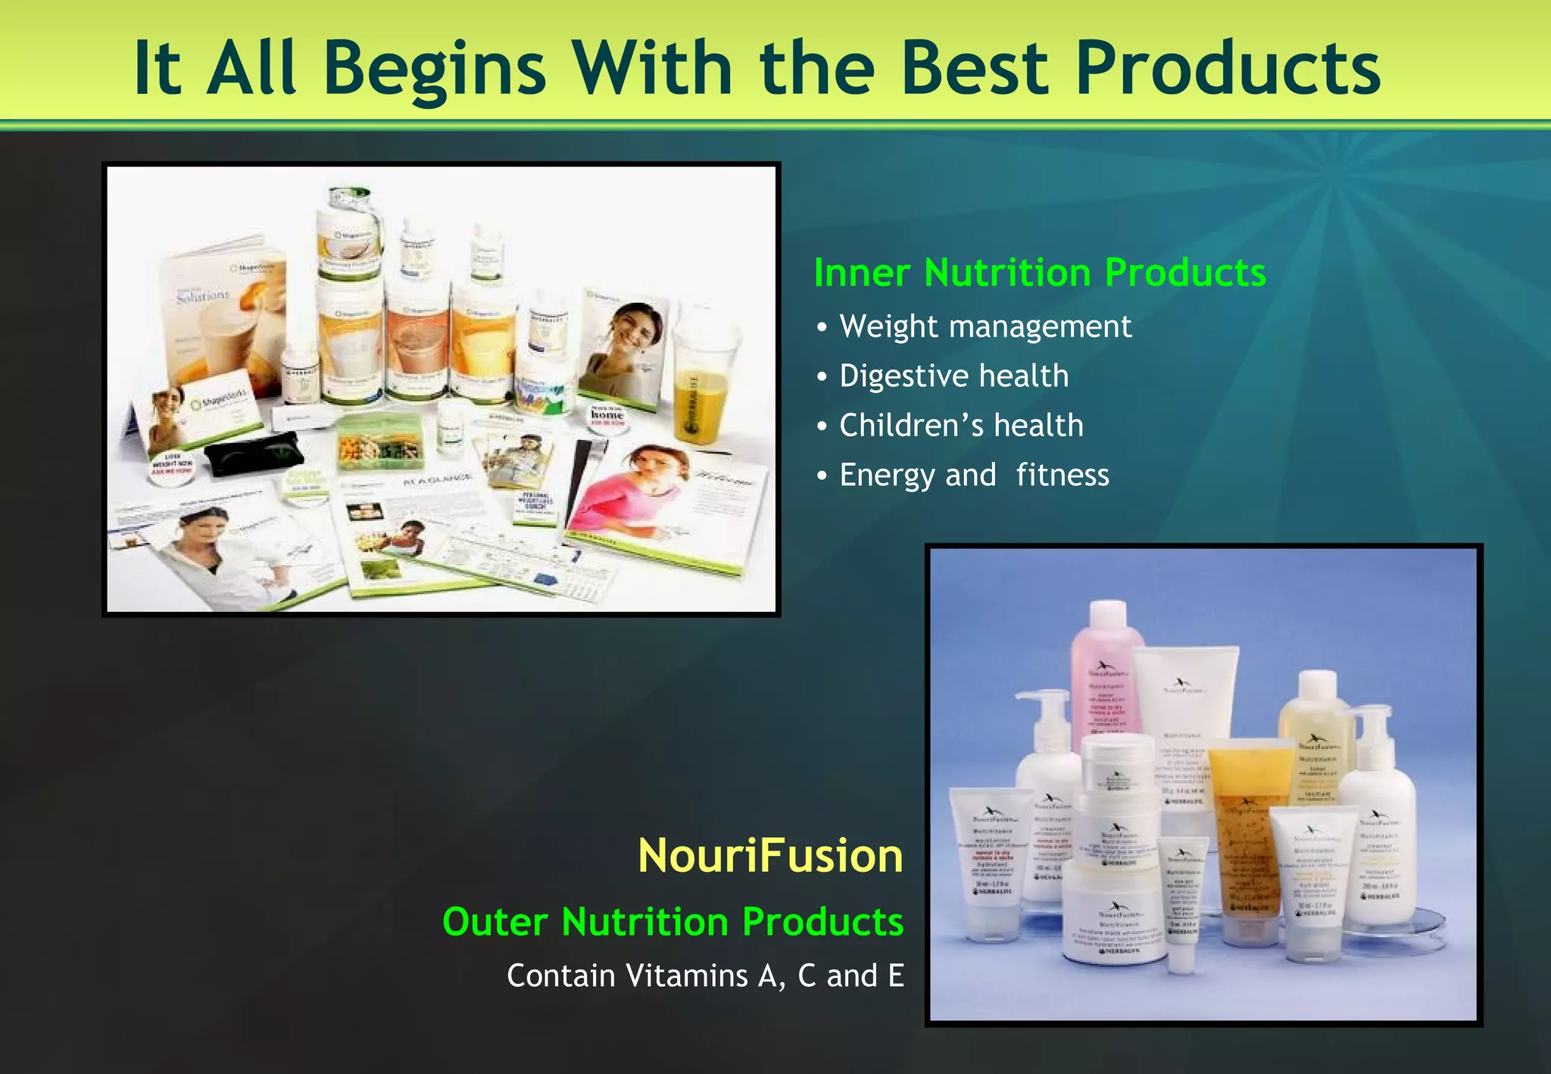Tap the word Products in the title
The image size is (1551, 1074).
click(1227, 70)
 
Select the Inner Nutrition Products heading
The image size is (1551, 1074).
click(1039, 273)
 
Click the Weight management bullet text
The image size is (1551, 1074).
click(985, 326)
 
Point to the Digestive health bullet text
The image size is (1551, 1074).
click(953, 376)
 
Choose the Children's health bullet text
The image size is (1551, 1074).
click(961, 426)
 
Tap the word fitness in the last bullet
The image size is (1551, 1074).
click(1062, 476)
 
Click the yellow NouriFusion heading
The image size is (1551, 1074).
click(770, 856)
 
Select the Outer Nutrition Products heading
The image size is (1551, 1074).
click(673, 922)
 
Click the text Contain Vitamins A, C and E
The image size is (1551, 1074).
click(705, 976)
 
